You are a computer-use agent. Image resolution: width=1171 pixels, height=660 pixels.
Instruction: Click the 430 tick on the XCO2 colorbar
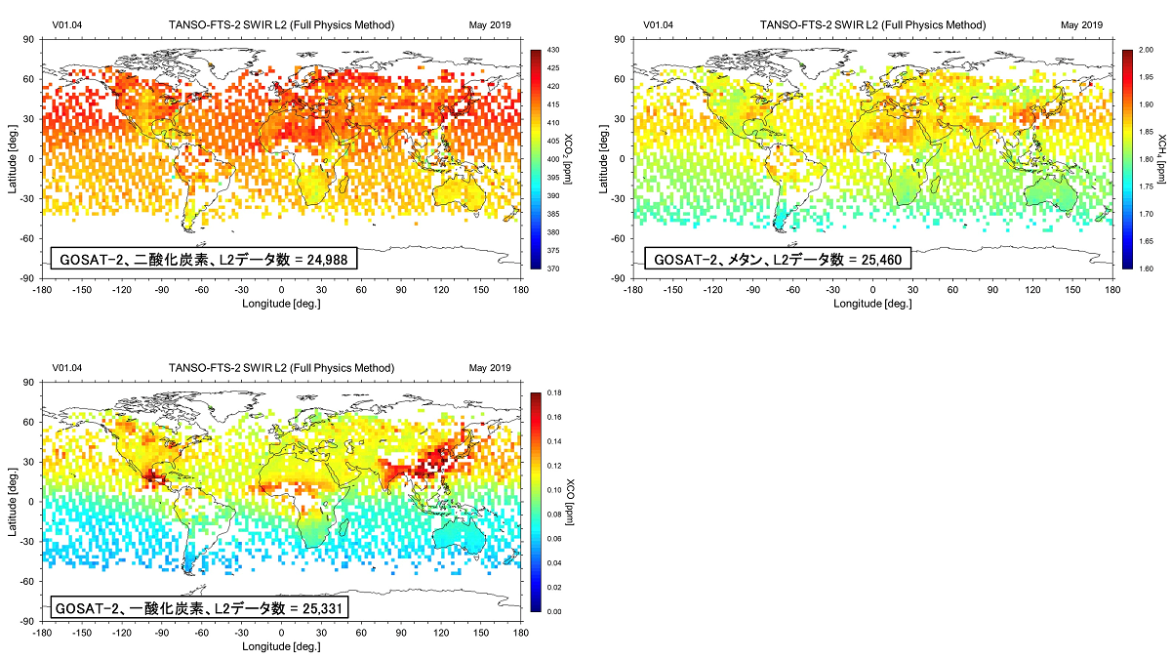[x=551, y=49]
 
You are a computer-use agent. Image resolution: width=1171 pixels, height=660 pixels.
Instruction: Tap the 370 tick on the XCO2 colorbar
[x=551, y=268]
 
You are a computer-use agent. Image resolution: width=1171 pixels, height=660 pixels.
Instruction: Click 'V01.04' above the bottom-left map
[x=67, y=368]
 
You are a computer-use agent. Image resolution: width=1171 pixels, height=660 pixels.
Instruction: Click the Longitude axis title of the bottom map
[x=281, y=646]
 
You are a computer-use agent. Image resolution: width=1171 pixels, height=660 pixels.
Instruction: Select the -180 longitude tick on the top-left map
[x=43, y=290]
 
